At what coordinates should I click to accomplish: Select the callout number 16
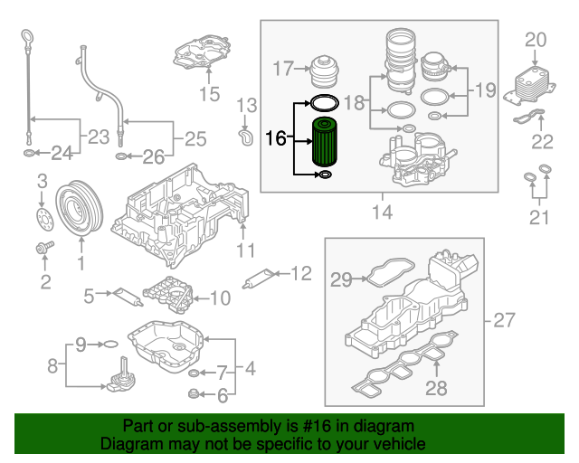[276, 138]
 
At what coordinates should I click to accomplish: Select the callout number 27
[503, 319]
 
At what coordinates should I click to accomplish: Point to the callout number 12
[300, 272]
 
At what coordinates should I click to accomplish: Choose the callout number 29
[340, 280]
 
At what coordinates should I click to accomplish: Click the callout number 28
[437, 390]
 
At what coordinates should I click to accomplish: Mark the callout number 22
[542, 140]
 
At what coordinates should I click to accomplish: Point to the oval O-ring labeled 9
[108, 345]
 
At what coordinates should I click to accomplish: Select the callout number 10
[221, 297]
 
